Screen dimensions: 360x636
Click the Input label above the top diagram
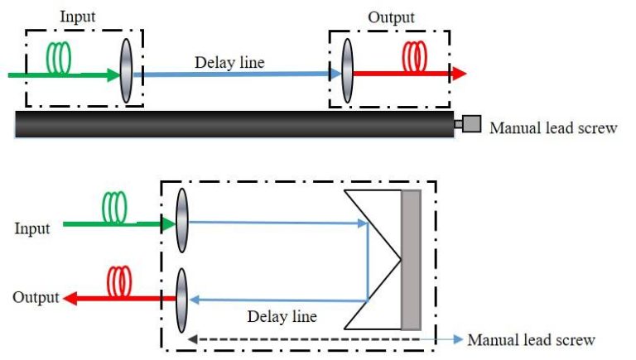click(79, 16)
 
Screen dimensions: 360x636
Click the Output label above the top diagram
click(391, 17)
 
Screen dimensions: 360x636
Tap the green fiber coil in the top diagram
click(58, 57)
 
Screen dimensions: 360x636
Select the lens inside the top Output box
click(346, 72)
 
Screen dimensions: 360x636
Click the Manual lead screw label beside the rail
click(552, 128)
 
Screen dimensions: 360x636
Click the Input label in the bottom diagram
click(32, 228)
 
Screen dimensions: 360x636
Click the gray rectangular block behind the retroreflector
click(411, 260)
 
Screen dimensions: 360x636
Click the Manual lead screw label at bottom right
click(531, 340)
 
